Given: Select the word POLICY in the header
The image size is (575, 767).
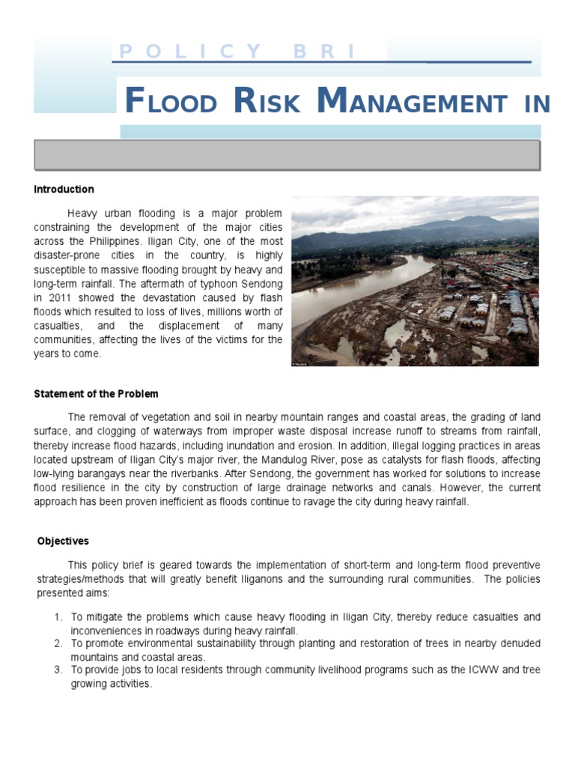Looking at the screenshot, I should point(190,52).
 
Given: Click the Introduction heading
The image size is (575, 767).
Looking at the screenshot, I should point(64,190).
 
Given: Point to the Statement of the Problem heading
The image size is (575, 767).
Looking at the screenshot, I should point(96,394).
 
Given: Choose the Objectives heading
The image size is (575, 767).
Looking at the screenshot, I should point(63,541).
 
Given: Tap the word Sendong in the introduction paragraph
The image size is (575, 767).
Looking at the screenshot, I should point(261,283).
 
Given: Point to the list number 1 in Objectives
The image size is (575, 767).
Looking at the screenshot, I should point(58,617).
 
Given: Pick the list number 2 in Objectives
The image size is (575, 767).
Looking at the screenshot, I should point(58,643).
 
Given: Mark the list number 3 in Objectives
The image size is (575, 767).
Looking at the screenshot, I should point(58,670).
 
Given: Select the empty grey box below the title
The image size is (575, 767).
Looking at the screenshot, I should point(287,155).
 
